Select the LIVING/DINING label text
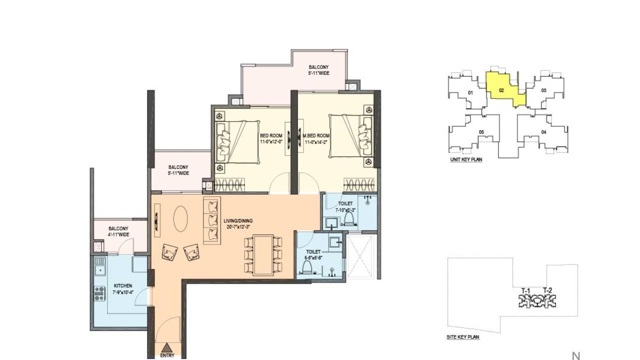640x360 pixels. (x=238, y=223)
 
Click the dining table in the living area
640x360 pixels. (x=263, y=255)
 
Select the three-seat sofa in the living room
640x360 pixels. (x=212, y=219)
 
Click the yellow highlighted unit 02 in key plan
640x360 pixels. (x=501, y=90)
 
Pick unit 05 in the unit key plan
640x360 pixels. (x=481, y=132)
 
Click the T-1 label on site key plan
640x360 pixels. (x=525, y=291)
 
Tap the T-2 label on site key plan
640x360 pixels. (x=547, y=291)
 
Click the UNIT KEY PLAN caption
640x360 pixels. (x=466, y=160)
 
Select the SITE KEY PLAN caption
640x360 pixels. (x=462, y=337)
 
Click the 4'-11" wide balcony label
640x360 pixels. (x=118, y=231)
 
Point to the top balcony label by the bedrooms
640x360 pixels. (x=318, y=70)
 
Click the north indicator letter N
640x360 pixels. (x=576, y=356)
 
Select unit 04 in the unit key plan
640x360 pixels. (x=543, y=132)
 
